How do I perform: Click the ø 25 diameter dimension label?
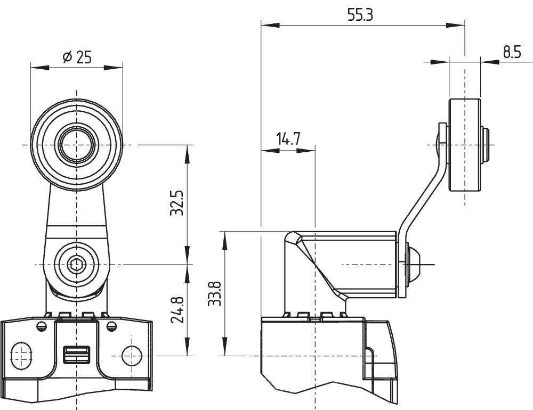pyautogui.click(x=77, y=58)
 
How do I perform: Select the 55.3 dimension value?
pyautogui.click(x=360, y=15)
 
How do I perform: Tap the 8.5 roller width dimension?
pyautogui.click(x=512, y=52)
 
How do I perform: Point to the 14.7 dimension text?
pyautogui.click(x=288, y=140)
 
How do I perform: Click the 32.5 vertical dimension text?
pyautogui.click(x=177, y=203)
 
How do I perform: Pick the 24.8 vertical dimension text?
pyautogui.click(x=177, y=310)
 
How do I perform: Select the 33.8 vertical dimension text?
pyautogui.click(x=214, y=293)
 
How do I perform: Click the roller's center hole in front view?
pyautogui.click(x=77, y=144)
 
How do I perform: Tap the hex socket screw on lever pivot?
pyautogui.click(x=77, y=264)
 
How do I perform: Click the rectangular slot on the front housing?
pyautogui.click(x=77, y=354)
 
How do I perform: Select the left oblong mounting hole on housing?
pyautogui.click(x=22, y=355)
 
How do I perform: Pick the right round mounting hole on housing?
pyautogui.click(x=131, y=355)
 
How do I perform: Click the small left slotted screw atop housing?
pyautogui.click(x=42, y=325)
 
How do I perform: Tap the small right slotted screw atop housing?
pyautogui.click(x=111, y=325)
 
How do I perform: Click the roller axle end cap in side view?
pyautogui.click(x=485, y=144)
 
